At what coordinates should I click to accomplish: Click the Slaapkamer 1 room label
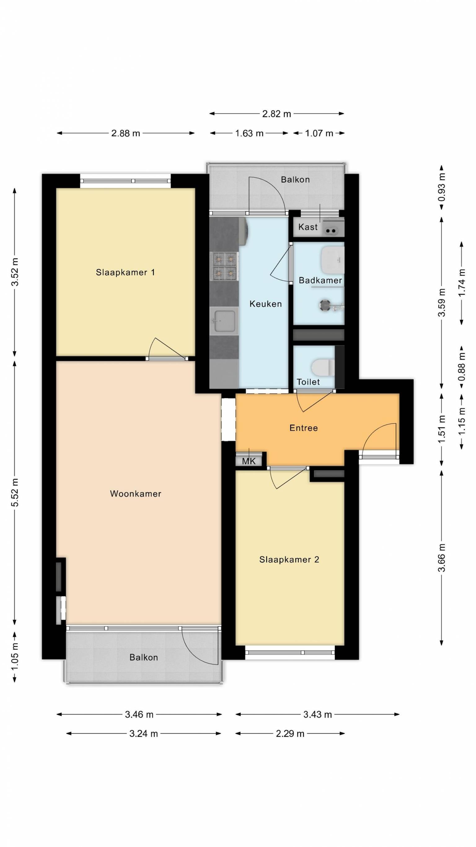click(125, 272)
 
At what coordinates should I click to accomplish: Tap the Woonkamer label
click(135, 494)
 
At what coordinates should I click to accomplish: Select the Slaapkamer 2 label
click(289, 559)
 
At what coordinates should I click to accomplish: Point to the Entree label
click(303, 428)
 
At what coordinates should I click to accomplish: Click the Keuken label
click(266, 303)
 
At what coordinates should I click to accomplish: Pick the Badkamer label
click(320, 280)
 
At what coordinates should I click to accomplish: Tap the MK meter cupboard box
click(249, 461)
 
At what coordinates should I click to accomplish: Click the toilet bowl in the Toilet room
click(323, 367)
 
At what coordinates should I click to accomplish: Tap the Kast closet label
click(308, 227)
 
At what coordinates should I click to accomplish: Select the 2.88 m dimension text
click(126, 133)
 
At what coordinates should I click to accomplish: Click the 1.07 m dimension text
click(319, 133)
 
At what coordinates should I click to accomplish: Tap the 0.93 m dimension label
click(442, 187)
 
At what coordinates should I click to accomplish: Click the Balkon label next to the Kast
click(295, 180)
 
